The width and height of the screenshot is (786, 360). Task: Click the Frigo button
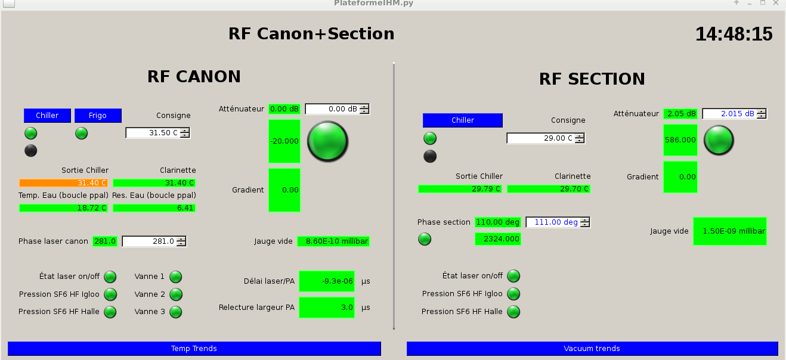(98, 116)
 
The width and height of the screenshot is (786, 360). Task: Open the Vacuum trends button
(592, 349)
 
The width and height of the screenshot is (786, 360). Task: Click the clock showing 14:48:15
(734, 34)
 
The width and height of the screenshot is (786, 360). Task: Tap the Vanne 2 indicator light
(175, 294)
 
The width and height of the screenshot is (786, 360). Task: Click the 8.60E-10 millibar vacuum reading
(334, 241)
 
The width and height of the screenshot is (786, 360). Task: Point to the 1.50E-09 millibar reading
(730, 231)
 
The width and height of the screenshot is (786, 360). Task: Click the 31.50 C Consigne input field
(153, 133)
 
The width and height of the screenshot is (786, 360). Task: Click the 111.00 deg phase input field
(552, 222)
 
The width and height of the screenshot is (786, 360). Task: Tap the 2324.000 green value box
(498, 239)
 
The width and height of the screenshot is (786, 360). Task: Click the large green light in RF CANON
(327, 141)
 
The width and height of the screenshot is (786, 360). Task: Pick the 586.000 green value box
(680, 140)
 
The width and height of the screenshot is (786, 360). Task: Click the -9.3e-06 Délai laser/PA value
(327, 281)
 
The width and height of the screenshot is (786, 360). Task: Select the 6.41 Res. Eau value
(154, 208)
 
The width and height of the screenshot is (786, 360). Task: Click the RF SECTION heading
(592, 79)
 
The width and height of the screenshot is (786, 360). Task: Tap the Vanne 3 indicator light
(175, 312)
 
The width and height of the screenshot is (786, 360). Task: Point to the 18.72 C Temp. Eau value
(64, 208)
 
